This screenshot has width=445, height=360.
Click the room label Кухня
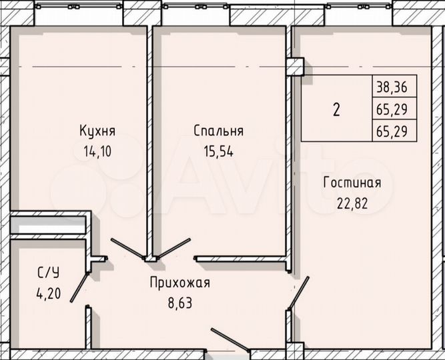95,130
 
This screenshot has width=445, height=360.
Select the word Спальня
219,130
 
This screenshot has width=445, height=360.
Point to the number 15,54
219,151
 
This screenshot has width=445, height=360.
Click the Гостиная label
352,183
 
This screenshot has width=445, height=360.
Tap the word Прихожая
179,283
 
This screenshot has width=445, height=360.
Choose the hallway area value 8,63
179,303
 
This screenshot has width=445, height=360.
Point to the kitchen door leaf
127,249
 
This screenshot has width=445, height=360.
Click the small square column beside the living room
296,67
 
